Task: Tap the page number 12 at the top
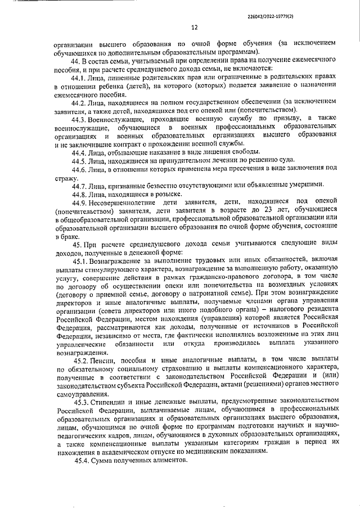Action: click(x=195, y=28)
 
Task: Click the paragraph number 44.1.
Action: click(x=80, y=77)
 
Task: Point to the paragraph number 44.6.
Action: click(x=80, y=168)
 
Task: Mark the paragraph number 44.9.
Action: click(x=80, y=202)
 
